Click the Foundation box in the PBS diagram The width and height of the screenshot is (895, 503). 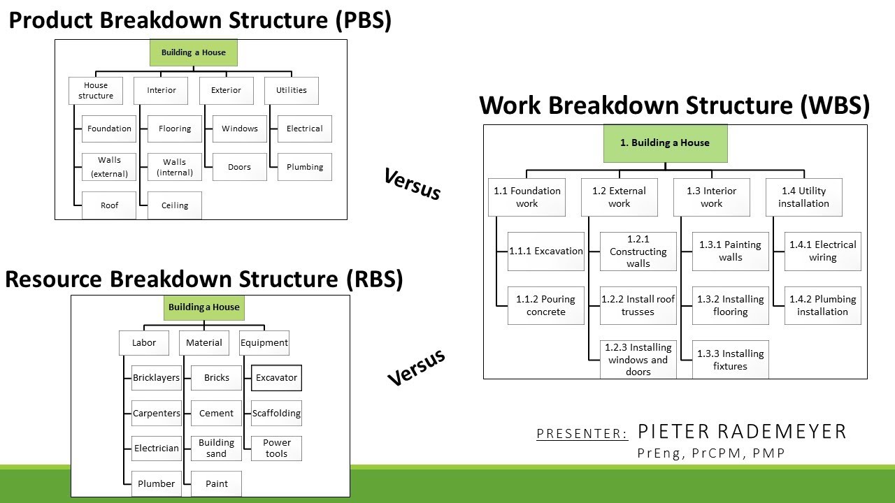[109, 129]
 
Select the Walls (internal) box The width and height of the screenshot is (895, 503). [175, 167]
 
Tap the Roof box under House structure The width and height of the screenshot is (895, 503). [109, 205]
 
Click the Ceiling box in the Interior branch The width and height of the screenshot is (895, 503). [175, 205]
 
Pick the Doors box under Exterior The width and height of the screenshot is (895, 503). [239, 167]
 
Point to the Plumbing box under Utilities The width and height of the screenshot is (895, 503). [305, 167]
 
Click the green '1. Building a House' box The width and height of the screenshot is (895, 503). [665, 143]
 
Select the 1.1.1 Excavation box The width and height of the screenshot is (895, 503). [546, 251]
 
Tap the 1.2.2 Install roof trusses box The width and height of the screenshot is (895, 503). [638, 305]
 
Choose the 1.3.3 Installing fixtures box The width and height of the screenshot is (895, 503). [730, 360]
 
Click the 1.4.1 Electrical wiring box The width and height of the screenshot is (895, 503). [822, 251]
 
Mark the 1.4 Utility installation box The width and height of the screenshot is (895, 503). [803, 197]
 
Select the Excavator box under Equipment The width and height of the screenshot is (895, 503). [276, 378]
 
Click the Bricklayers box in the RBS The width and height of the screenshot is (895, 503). [157, 378]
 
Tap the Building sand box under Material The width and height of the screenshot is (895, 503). [217, 449]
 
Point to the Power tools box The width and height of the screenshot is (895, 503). [276, 449]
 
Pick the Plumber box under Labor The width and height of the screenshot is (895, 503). [157, 483]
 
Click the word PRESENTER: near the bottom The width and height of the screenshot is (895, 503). [582, 434]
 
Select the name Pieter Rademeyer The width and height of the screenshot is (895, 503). [742, 431]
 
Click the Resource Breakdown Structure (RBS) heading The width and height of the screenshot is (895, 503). [204, 279]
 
